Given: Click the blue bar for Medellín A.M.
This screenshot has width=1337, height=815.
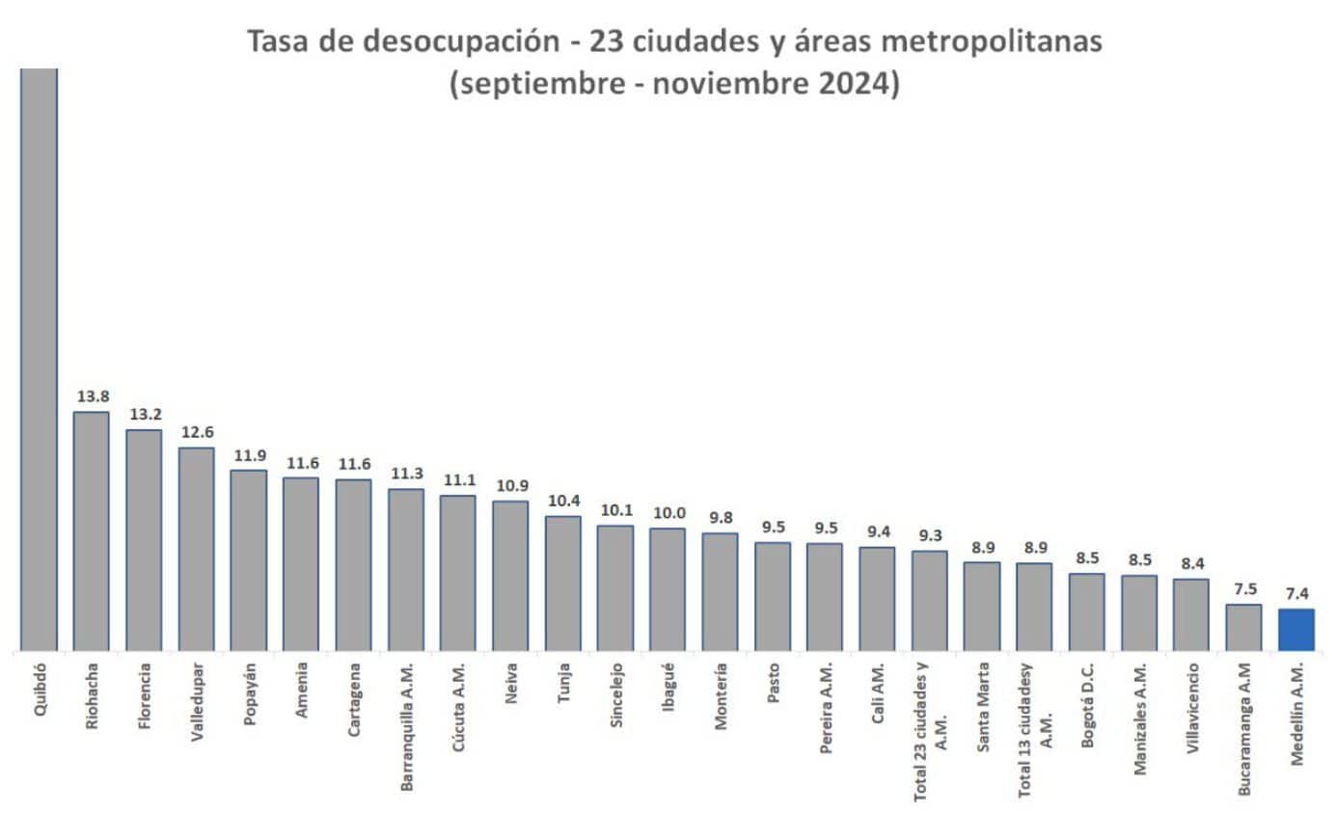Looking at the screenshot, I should point(1296,630).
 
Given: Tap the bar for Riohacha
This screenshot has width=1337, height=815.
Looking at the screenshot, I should point(92,531).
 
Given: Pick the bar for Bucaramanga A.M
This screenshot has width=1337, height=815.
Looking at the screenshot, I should point(1243,628).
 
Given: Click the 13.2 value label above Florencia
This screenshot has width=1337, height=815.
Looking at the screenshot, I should point(145,414).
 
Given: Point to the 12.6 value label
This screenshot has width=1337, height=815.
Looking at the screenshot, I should point(197,431).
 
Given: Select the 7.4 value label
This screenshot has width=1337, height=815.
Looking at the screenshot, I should point(1296,593).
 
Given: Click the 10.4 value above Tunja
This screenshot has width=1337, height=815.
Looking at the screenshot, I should point(563,501).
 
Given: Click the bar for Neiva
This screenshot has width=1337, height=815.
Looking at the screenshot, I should point(510,576).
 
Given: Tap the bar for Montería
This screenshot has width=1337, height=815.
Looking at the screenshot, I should point(720,592).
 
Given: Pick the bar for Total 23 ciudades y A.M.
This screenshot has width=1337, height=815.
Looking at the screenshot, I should point(930,601).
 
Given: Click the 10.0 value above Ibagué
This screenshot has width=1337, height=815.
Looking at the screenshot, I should point(668,512).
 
